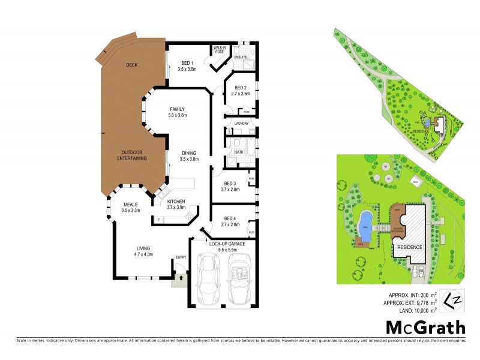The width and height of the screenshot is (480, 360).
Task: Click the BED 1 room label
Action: tap(187, 64)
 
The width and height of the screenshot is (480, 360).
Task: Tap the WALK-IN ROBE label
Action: tap(220, 50)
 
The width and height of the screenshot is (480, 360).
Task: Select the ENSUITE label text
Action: tap(241, 58)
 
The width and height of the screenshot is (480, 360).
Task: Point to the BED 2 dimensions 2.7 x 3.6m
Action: tap(241, 94)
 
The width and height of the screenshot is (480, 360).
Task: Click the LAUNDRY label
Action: tap(241, 123)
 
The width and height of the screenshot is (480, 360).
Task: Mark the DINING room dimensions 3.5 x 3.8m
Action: tap(190, 159)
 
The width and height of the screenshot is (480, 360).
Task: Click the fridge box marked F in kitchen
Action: tap(158, 220)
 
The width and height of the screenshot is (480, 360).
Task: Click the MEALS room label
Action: tap(130, 205)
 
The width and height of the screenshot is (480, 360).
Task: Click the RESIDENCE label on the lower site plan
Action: tap(410, 247)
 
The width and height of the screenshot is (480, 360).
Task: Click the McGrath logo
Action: tap(425, 328)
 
